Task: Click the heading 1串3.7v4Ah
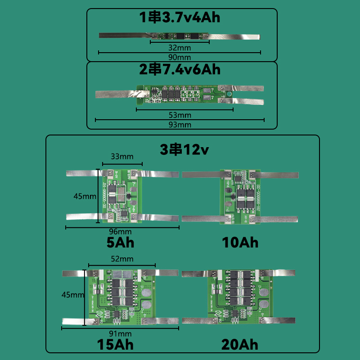click(180, 18)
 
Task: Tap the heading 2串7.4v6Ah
click(180, 70)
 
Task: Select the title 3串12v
click(183, 149)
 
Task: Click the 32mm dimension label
click(180, 47)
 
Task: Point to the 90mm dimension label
click(180, 58)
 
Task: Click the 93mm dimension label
click(180, 125)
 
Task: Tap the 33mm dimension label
click(122, 157)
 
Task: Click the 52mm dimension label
click(122, 259)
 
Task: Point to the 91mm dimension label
click(120, 333)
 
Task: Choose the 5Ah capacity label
click(120, 243)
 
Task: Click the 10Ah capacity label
click(240, 243)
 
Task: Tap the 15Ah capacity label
click(116, 345)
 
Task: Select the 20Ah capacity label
click(240, 345)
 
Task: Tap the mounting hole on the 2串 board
click(228, 94)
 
